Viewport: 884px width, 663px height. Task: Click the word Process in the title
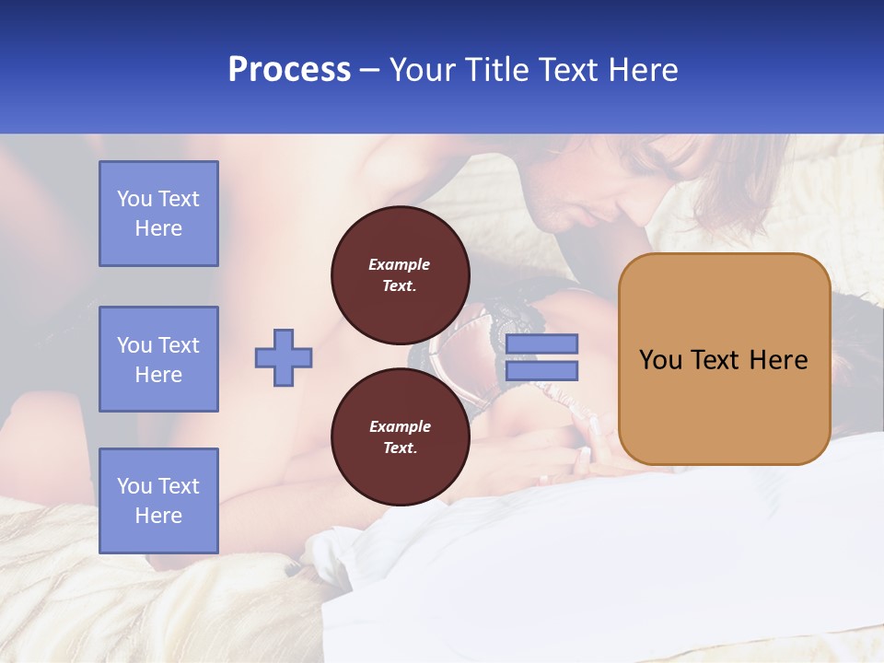289,70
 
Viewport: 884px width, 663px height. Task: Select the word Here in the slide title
639,70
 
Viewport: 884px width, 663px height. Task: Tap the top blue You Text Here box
158,214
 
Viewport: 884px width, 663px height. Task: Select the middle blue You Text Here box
158,359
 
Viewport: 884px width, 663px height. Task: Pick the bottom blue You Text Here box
158,500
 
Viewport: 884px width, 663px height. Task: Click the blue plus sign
284,357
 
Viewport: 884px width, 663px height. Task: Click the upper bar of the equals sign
541,343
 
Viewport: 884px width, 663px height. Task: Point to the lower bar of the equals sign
541,371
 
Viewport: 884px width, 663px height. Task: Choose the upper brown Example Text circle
400,275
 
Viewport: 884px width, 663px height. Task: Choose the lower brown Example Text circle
400,437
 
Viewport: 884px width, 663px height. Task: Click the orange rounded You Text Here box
724,359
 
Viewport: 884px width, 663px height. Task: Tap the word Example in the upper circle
400,264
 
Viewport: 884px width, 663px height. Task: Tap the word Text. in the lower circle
400,448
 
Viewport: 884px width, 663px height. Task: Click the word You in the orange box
661,360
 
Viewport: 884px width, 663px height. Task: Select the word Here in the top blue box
158,228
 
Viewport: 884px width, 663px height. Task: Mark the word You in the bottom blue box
134,486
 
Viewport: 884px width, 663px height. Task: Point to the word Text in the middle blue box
179,345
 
